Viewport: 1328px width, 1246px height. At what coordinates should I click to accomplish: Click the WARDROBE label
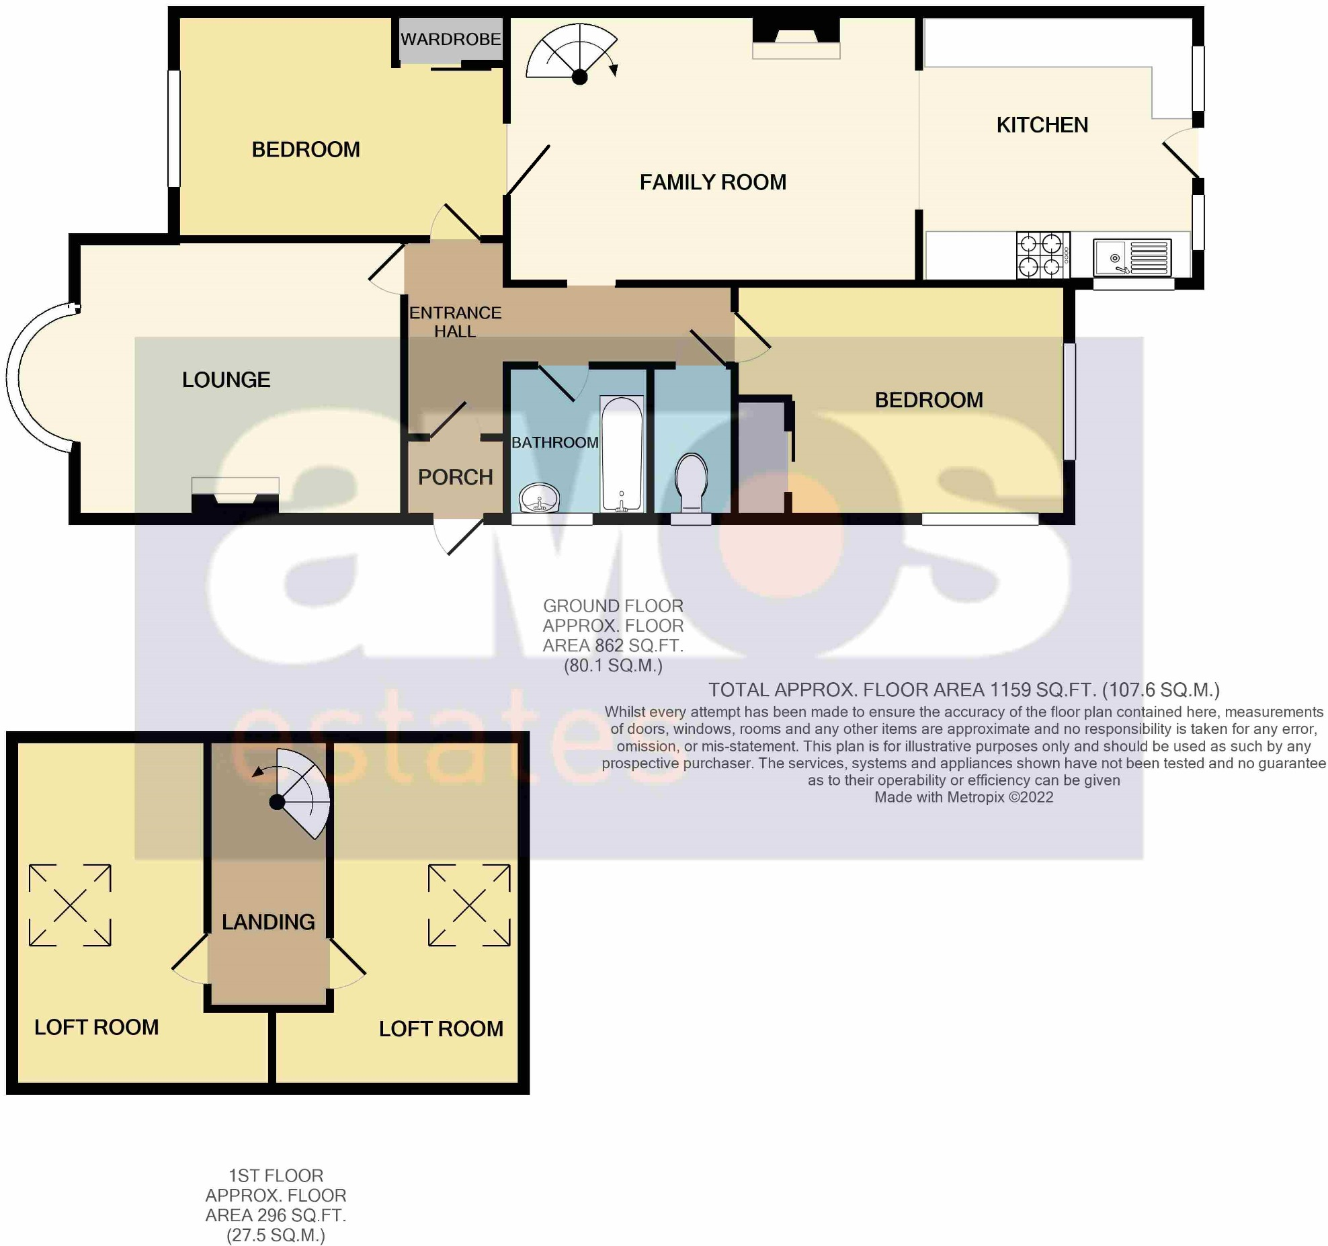(x=450, y=40)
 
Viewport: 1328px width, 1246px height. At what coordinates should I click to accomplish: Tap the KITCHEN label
(x=1042, y=125)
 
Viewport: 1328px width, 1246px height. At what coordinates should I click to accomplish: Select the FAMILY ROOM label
(x=712, y=182)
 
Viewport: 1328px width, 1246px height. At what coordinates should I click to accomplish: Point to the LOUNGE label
(x=226, y=380)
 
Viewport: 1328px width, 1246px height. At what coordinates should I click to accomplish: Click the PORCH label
(x=455, y=477)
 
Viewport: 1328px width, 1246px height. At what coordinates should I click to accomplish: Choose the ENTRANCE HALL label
(x=455, y=322)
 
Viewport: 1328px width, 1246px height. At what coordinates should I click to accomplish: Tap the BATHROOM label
(x=554, y=442)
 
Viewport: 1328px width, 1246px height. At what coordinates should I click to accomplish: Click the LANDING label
(x=268, y=921)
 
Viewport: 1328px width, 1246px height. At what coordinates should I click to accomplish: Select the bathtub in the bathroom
(x=622, y=454)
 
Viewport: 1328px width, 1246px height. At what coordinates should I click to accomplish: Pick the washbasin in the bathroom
(x=539, y=498)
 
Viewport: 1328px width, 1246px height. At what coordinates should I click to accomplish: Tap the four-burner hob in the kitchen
(x=1042, y=255)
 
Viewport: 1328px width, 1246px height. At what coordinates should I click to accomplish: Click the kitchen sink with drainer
(x=1132, y=257)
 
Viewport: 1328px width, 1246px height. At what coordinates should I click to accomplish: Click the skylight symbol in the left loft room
(x=70, y=905)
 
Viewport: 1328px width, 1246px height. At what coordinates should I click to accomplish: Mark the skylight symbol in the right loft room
(x=469, y=905)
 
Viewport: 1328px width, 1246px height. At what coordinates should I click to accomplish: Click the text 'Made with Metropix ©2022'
(x=963, y=797)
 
